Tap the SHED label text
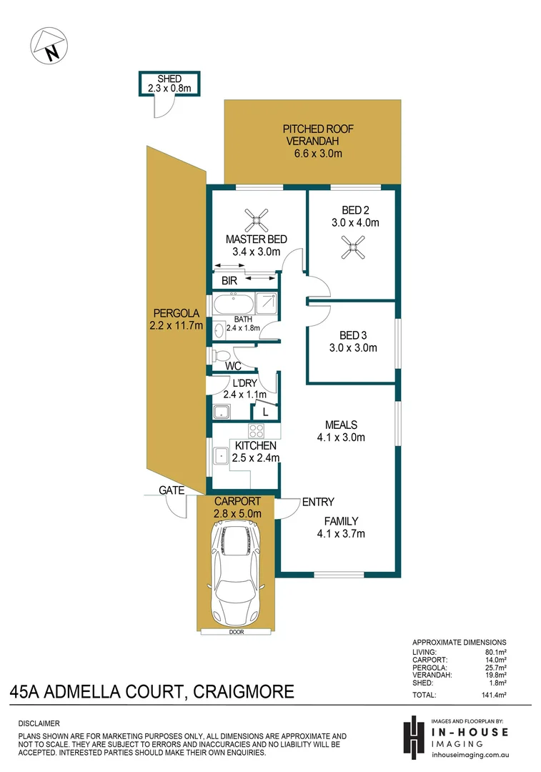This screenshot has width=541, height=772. pyautogui.click(x=169, y=79)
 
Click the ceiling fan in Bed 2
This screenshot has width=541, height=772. pyautogui.click(x=351, y=248)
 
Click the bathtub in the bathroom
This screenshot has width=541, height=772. pyautogui.click(x=234, y=304)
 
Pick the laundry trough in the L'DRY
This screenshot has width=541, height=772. pyautogui.click(x=221, y=412)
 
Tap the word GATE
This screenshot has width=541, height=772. pyautogui.click(x=172, y=490)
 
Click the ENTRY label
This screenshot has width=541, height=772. pyautogui.click(x=318, y=502)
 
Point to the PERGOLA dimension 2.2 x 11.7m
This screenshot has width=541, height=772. pyautogui.click(x=177, y=325)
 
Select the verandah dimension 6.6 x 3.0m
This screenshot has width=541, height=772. pyautogui.click(x=318, y=154)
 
